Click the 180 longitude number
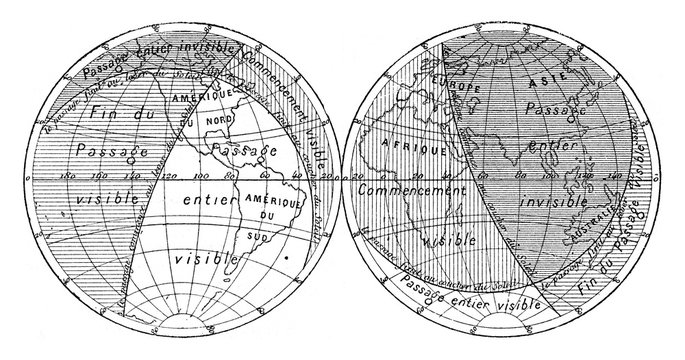71,176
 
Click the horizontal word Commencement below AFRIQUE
419,188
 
